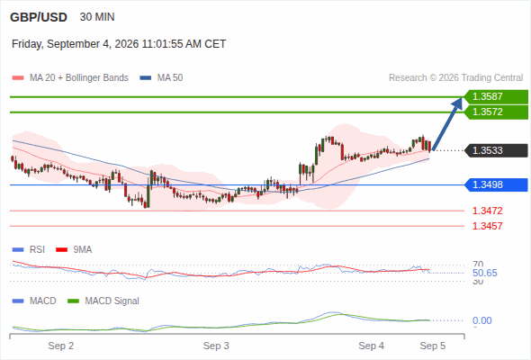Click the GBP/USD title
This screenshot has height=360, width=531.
coord(39,17)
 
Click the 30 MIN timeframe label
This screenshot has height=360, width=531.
coord(97,17)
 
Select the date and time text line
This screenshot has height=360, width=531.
coord(119,44)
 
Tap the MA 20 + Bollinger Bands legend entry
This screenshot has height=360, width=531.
coord(70,78)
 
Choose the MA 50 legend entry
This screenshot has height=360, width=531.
coord(161,78)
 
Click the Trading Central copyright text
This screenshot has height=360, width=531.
coord(455,78)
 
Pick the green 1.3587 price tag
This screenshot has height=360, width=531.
coord(496,97)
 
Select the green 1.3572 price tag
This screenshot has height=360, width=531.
coord(496,112)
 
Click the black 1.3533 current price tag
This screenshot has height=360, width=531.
coord(496,150)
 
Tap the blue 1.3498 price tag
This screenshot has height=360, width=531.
coord(496,184)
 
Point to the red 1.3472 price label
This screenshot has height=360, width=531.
coord(487,211)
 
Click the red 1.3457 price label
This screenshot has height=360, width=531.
coord(487,226)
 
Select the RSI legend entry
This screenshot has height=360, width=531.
coord(29,250)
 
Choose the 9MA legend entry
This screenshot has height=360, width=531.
coord(74,250)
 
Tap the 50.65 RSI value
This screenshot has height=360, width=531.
coord(485,273)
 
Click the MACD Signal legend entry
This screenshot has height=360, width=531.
coord(103,301)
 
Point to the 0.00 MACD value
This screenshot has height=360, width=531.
coord(481,320)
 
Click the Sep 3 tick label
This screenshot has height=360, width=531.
coord(216,346)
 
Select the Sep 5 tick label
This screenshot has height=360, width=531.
coord(433,346)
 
